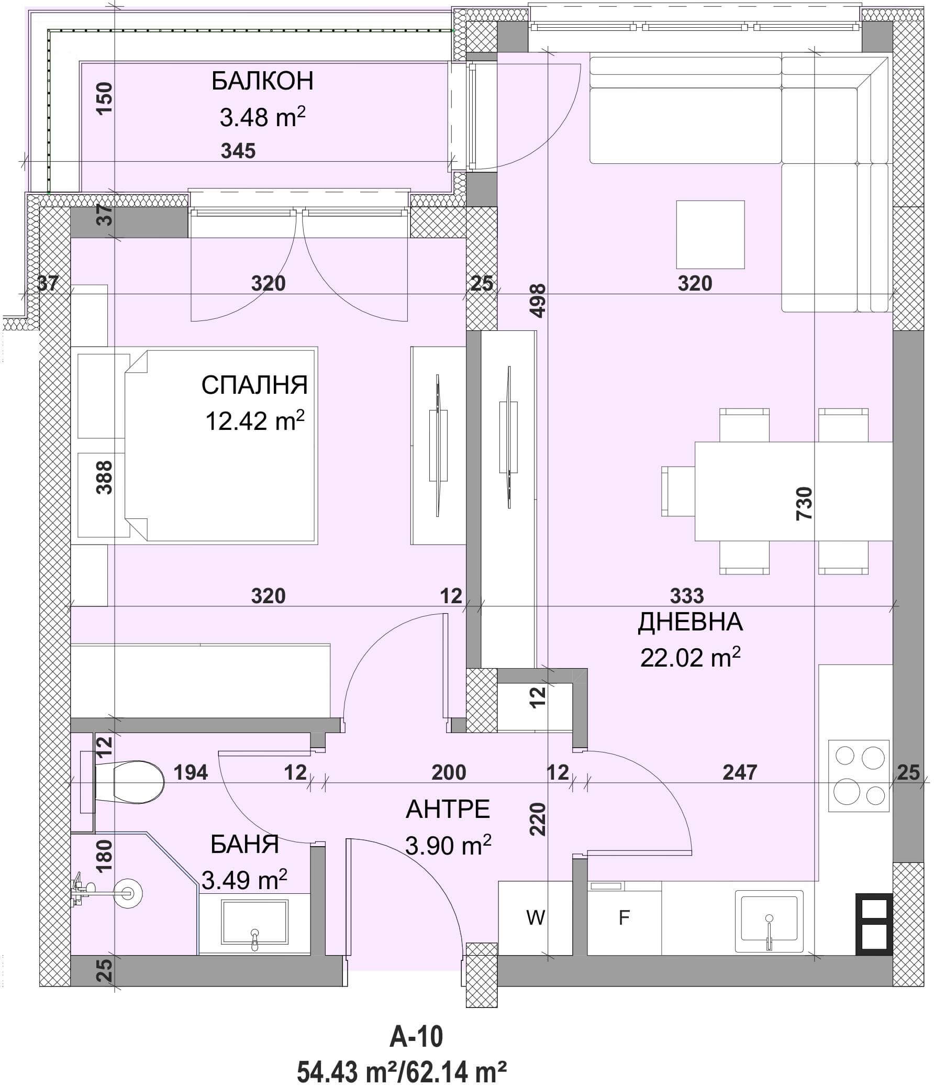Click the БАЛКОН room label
click(x=263, y=81)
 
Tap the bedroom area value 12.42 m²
click(x=255, y=420)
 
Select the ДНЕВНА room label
click(x=690, y=622)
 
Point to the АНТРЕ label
click(x=448, y=810)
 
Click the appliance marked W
click(x=535, y=917)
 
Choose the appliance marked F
click(x=624, y=917)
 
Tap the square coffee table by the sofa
click(x=710, y=235)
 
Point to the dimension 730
click(x=804, y=503)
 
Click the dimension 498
click(x=538, y=301)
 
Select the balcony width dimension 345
click(x=238, y=151)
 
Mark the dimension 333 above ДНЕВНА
click(x=686, y=595)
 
